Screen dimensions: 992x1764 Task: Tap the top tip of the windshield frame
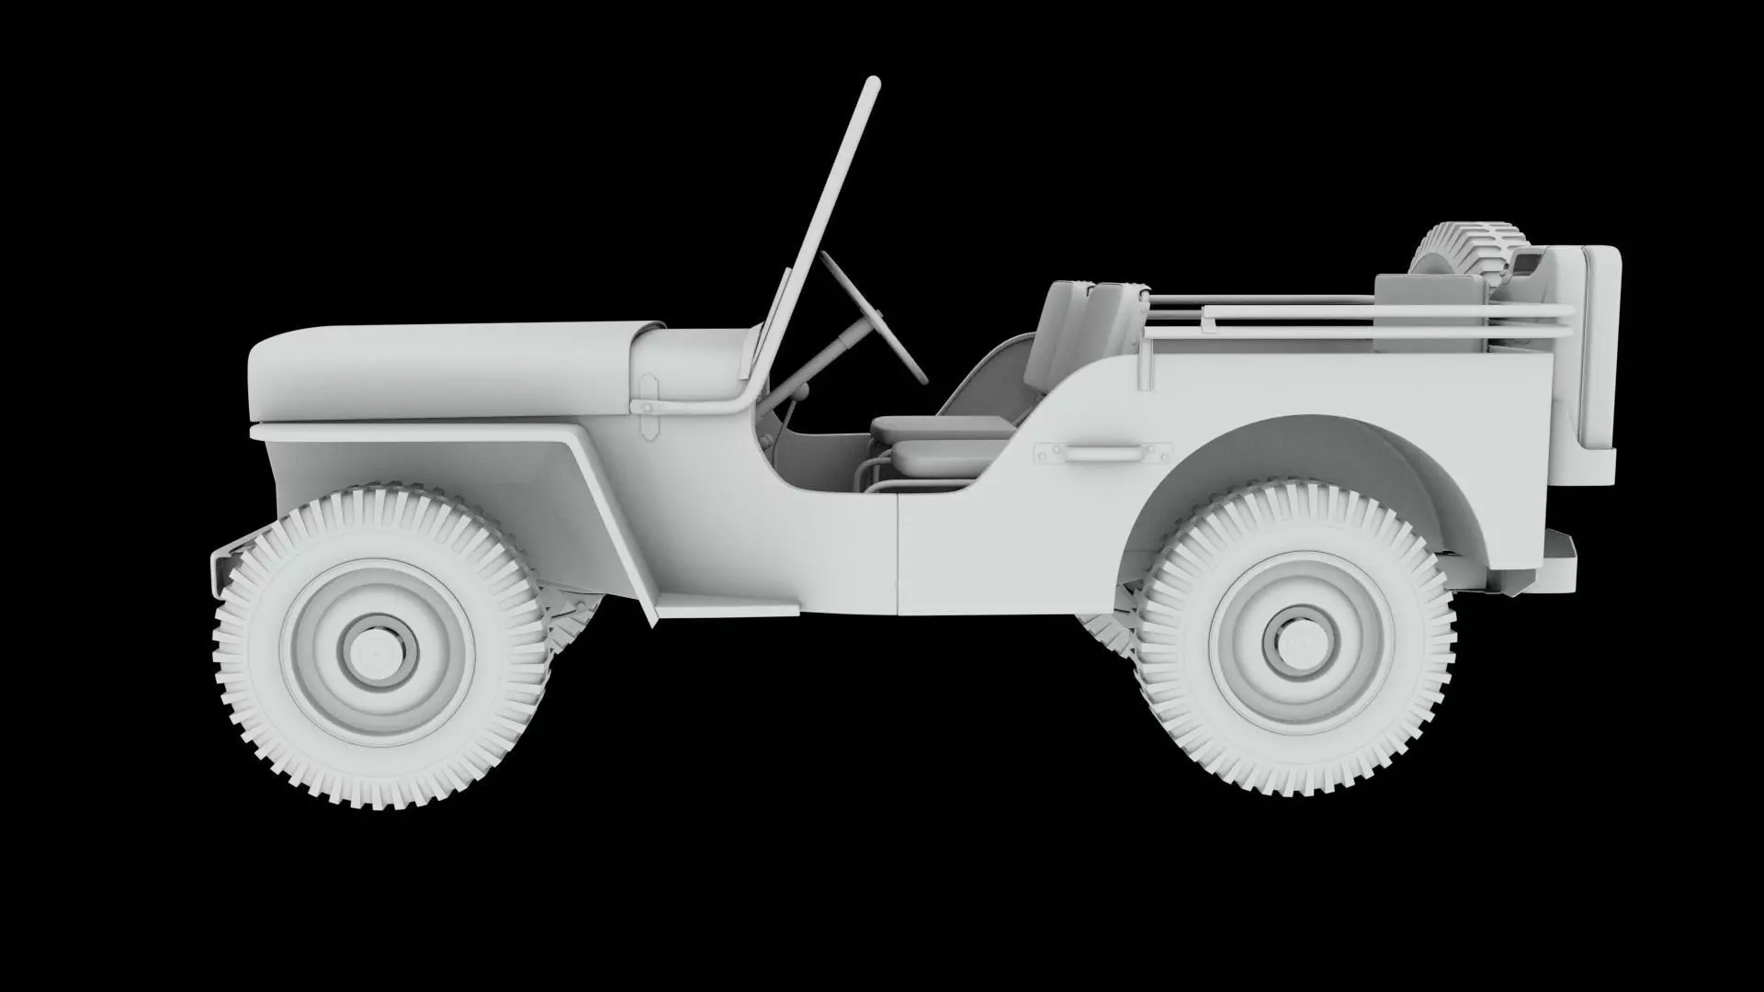873,85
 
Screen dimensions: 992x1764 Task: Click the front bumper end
222,565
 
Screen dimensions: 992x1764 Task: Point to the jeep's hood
441,367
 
